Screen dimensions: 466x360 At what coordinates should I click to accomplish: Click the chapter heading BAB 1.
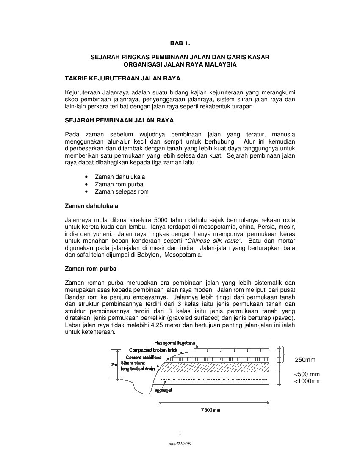click(x=180, y=44)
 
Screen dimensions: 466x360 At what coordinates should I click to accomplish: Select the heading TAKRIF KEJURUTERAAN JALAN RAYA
click(x=122, y=79)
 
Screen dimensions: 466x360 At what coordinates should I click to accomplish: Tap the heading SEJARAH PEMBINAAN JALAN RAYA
click(x=119, y=121)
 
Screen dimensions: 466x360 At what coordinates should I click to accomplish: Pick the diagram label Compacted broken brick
click(x=153, y=350)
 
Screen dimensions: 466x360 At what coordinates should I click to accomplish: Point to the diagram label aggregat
click(x=163, y=390)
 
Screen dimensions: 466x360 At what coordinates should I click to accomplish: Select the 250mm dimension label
click(x=305, y=360)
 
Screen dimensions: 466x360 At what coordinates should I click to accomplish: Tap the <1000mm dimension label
click(x=308, y=381)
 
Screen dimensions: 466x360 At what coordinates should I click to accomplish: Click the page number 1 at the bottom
click(x=180, y=433)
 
